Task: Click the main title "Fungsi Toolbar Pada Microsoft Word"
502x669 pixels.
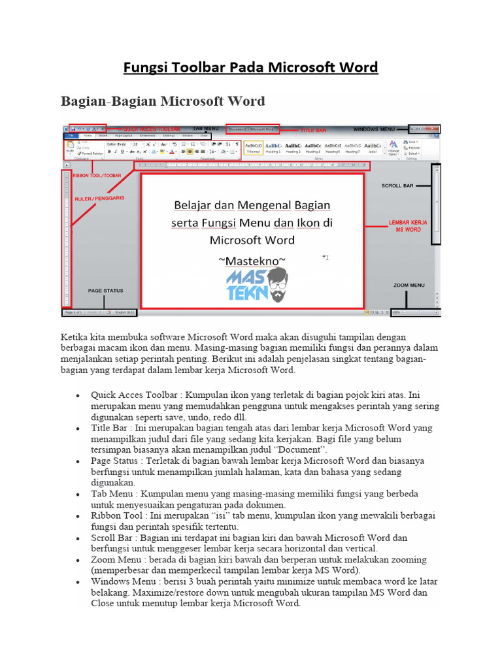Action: pos(251,67)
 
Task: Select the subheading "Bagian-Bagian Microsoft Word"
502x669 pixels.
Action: pos(163,101)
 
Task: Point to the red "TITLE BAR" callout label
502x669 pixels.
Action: pos(312,130)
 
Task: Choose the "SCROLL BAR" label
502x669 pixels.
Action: pos(397,186)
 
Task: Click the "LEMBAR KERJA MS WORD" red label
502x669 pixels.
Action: pos(408,226)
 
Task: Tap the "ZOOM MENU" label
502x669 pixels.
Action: pos(409,286)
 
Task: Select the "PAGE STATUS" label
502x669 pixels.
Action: pos(105,290)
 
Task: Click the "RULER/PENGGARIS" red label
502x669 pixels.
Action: pos(99,197)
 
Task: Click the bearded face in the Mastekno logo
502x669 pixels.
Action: pos(276,286)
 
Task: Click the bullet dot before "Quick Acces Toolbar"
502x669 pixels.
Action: pos(78,396)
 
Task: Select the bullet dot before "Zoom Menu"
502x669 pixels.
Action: pos(78,561)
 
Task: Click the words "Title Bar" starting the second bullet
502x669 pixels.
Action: pos(109,427)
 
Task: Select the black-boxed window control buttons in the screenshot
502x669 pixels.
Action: pos(425,129)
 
